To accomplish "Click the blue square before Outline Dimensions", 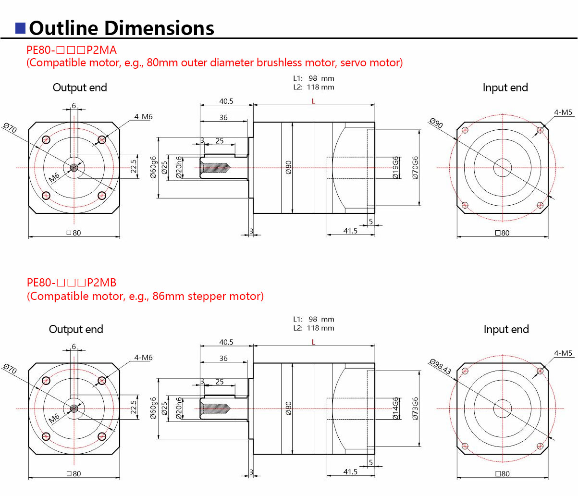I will point(20,28).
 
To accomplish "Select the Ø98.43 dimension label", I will point(440,367).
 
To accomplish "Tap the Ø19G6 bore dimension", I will point(395,167).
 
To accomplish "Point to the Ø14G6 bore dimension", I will point(395,409).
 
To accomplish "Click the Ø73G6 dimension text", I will point(415,409).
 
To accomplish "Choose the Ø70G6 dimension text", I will point(415,167).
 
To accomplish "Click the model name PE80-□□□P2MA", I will point(72,50).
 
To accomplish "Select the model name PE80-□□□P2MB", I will point(72,283).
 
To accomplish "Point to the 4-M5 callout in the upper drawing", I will point(563,112).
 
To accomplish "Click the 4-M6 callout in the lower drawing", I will point(143,358).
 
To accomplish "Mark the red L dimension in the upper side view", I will point(313,101).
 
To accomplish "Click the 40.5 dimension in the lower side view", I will point(226,342).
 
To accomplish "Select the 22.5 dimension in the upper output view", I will point(134,166).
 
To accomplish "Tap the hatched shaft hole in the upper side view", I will point(214,168).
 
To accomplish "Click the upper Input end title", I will point(505,87).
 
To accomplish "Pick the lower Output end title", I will point(76,329).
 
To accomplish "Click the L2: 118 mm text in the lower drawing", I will point(313,328).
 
